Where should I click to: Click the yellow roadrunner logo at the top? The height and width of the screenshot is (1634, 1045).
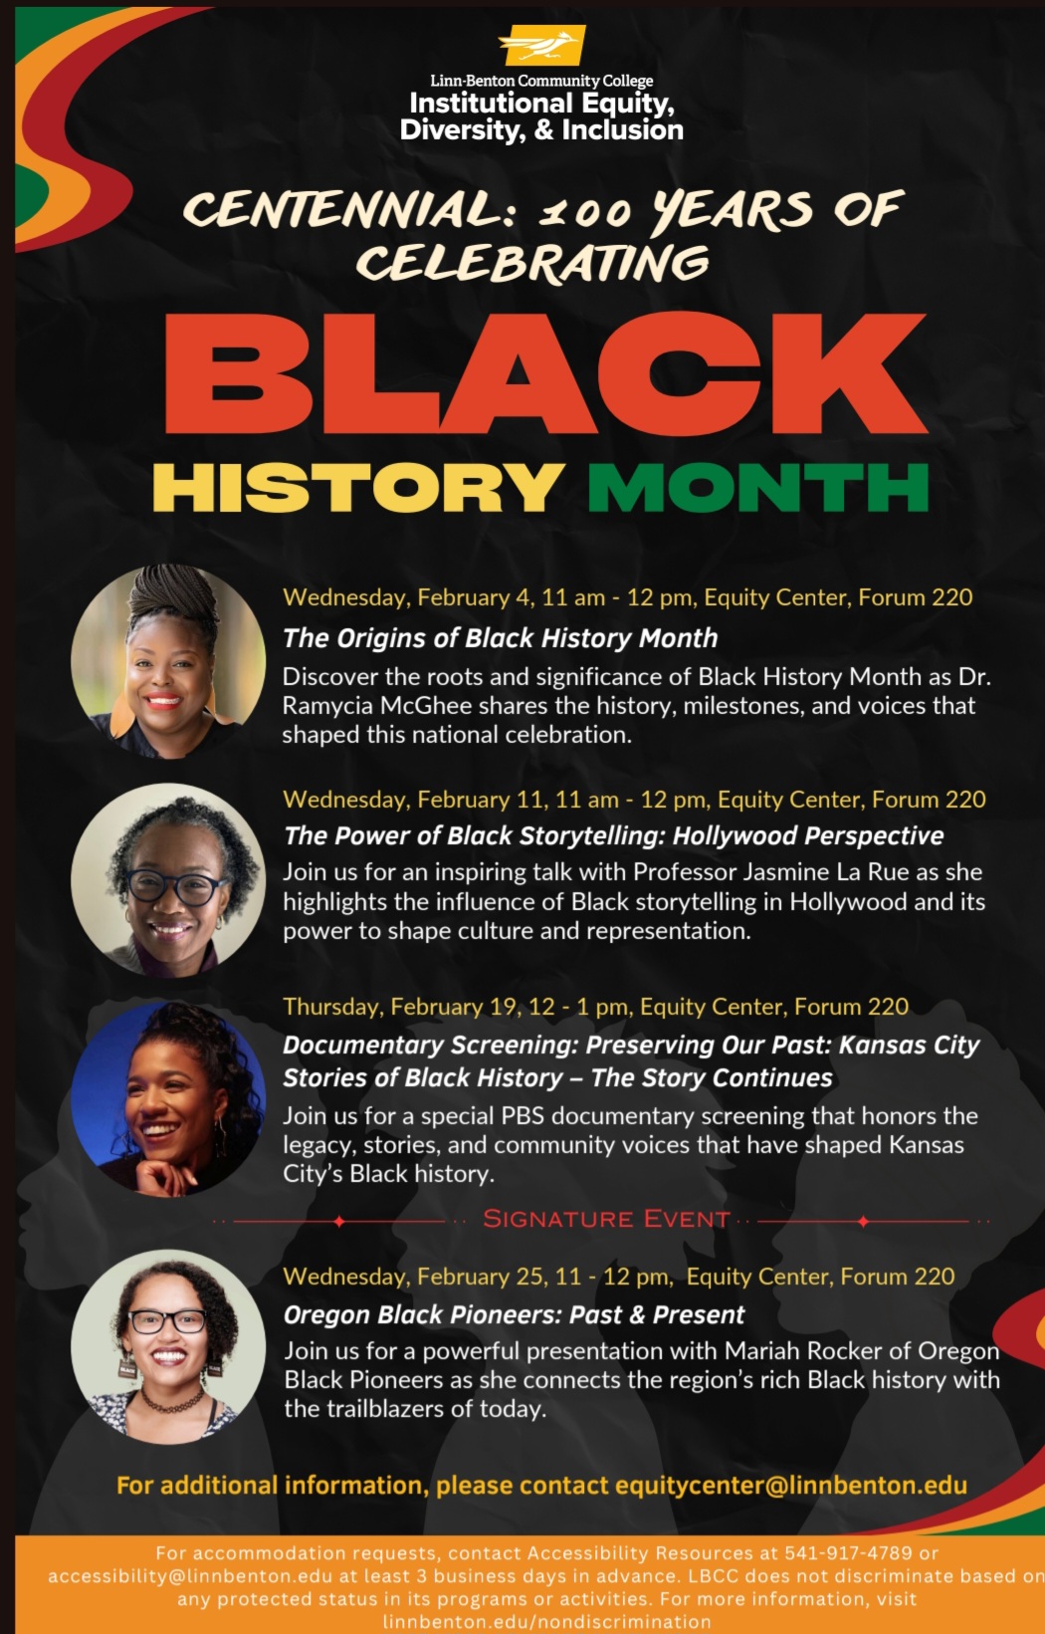point(541,46)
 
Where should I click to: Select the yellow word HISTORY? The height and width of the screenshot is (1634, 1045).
point(358,488)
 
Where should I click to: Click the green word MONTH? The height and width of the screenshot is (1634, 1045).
point(758,488)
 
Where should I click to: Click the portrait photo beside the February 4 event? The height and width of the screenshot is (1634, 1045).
point(168,661)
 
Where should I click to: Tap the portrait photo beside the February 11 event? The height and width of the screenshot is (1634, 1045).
point(168,880)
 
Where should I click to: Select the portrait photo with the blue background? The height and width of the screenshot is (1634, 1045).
point(168,1099)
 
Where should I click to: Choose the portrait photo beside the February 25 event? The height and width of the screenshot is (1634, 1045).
point(168,1346)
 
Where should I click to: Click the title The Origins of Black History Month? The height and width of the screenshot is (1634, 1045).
point(500,638)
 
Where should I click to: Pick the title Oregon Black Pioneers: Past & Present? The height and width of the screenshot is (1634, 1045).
point(514,1315)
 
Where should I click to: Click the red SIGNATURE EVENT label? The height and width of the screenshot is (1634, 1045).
point(606,1219)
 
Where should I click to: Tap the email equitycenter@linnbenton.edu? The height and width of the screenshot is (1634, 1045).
point(791,1486)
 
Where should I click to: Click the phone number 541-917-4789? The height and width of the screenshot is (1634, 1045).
point(848,1553)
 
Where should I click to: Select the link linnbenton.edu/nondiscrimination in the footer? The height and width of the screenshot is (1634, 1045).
point(546,1622)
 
